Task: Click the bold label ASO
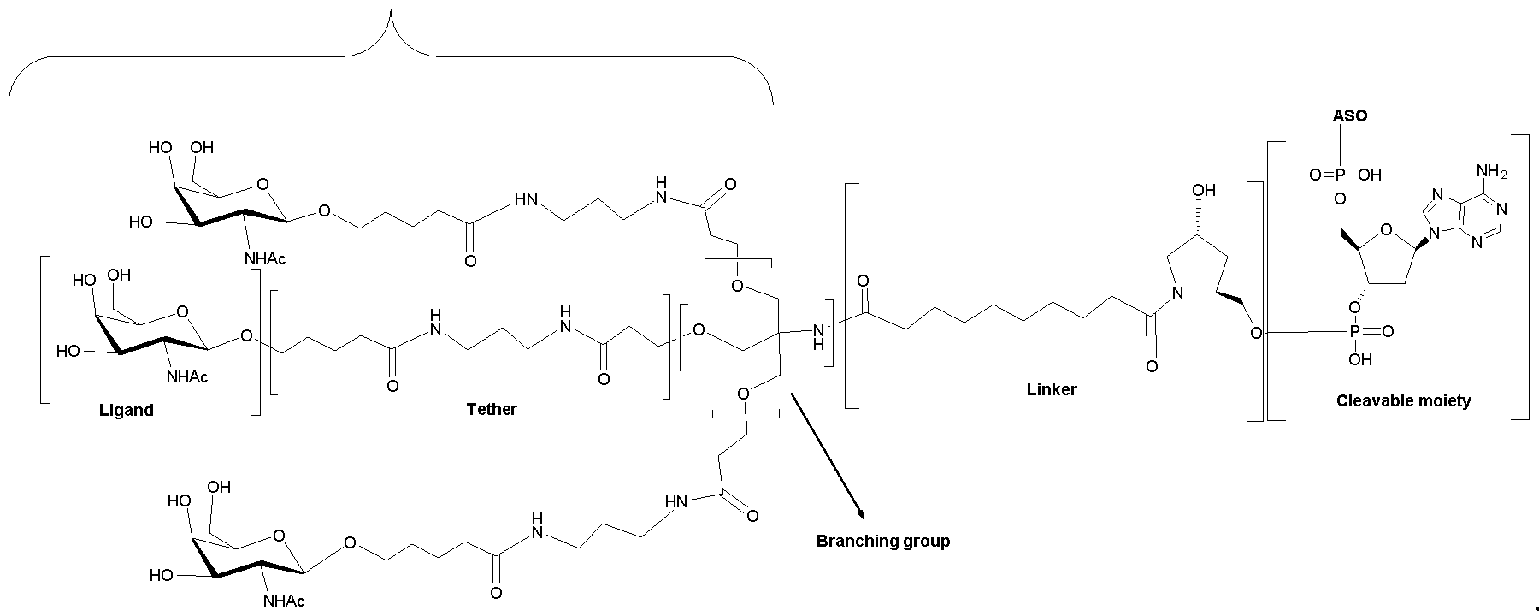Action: click(1350, 115)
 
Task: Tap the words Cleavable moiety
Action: click(1403, 400)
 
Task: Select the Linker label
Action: click(1052, 390)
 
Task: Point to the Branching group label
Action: click(883, 541)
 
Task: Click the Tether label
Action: click(492, 409)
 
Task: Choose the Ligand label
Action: click(127, 410)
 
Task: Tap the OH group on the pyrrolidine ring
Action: click(1204, 190)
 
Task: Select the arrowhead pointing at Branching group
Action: click(861, 514)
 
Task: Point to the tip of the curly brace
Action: click(392, 10)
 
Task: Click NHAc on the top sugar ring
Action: click(265, 258)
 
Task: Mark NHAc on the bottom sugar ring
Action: click(284, 601)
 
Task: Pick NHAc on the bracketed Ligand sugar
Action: click(187, 376)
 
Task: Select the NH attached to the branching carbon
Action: click(818, 335)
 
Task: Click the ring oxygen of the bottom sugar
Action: click(279, 537)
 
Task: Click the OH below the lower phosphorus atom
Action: click(1359, 360)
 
